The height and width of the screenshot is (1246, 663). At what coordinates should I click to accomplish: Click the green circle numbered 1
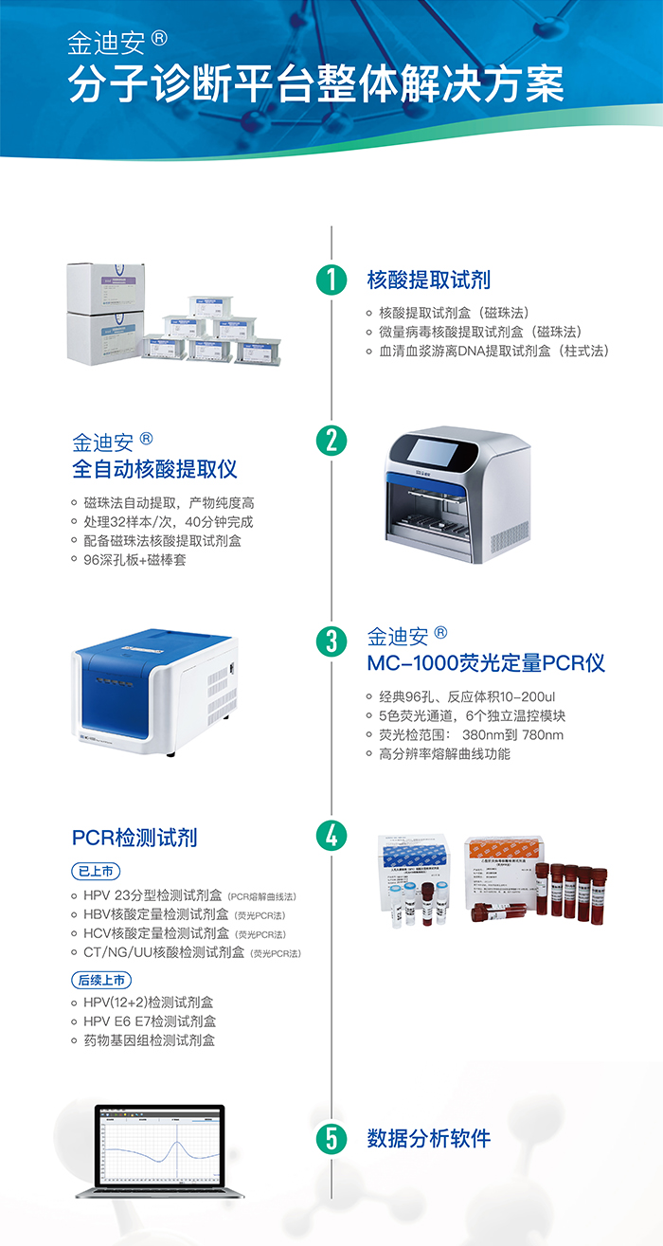331,279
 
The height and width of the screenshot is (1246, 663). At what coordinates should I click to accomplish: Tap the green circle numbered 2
331,439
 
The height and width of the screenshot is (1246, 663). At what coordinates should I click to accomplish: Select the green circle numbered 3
331,641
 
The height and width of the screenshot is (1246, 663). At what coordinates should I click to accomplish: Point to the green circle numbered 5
331,1138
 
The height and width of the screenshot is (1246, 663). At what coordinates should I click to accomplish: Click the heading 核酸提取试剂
428,280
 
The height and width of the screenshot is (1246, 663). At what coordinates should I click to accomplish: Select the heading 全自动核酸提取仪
154,469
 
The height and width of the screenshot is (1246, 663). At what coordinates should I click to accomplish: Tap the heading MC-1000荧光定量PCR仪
486,662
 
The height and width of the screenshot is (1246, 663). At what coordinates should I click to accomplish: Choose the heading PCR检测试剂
134,838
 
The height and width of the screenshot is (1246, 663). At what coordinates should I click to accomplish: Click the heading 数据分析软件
428,1138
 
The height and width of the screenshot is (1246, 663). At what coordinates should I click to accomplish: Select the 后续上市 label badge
101,980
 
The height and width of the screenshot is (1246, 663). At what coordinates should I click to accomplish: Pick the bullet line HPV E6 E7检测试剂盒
150,1020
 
